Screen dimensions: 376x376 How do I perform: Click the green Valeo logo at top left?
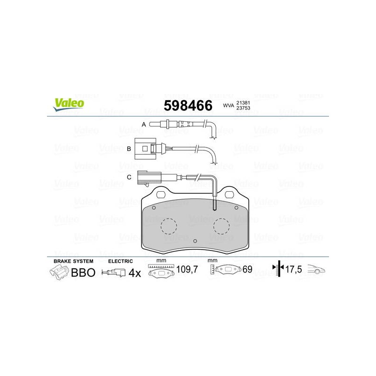click(x=69, y=104)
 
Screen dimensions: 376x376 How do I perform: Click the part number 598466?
click(x=188, y=105)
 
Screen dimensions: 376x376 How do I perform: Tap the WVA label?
click(x=228, y=105)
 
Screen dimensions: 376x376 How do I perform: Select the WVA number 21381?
click(x=243, y=103)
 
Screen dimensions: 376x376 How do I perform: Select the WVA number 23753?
click(x=243, y=108)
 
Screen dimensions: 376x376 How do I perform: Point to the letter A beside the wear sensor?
click(x=144, y=125)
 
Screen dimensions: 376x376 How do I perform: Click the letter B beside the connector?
click(x=129, y=149)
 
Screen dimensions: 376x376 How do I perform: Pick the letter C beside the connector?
click(x=129, y=177)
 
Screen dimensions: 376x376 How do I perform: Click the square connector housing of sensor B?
click(x=145, y=149)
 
